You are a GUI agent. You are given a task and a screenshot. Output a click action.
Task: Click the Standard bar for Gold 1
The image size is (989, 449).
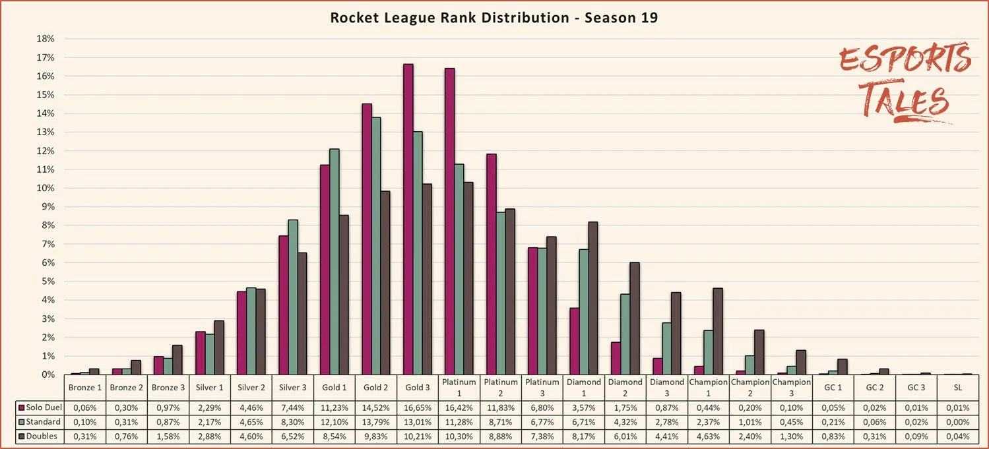[x=335, y=261]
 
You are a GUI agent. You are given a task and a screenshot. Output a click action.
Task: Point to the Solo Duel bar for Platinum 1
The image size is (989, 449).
[x=449, y=221]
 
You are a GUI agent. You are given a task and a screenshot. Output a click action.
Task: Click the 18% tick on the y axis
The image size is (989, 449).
[x=46, y=39]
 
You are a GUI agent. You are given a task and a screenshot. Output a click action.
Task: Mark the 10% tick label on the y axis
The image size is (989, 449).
[x=46, y=188]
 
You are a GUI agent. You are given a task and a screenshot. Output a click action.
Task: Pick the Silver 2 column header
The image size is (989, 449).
[x=251, y=387]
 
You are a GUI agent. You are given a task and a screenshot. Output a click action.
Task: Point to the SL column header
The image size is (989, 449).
[x=957, y=387]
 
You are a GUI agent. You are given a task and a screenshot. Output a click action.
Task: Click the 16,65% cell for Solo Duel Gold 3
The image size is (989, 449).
[x=417, y=407]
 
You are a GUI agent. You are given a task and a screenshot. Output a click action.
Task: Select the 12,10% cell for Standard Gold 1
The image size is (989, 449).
[x=335, y=421]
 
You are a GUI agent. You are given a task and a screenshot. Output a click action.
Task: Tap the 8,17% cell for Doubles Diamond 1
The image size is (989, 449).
[x=583, y=436]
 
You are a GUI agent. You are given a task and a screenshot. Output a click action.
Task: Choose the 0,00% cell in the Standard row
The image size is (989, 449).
[x=957, y=421]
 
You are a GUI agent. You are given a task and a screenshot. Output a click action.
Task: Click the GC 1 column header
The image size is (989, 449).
[x=832, y=387]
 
